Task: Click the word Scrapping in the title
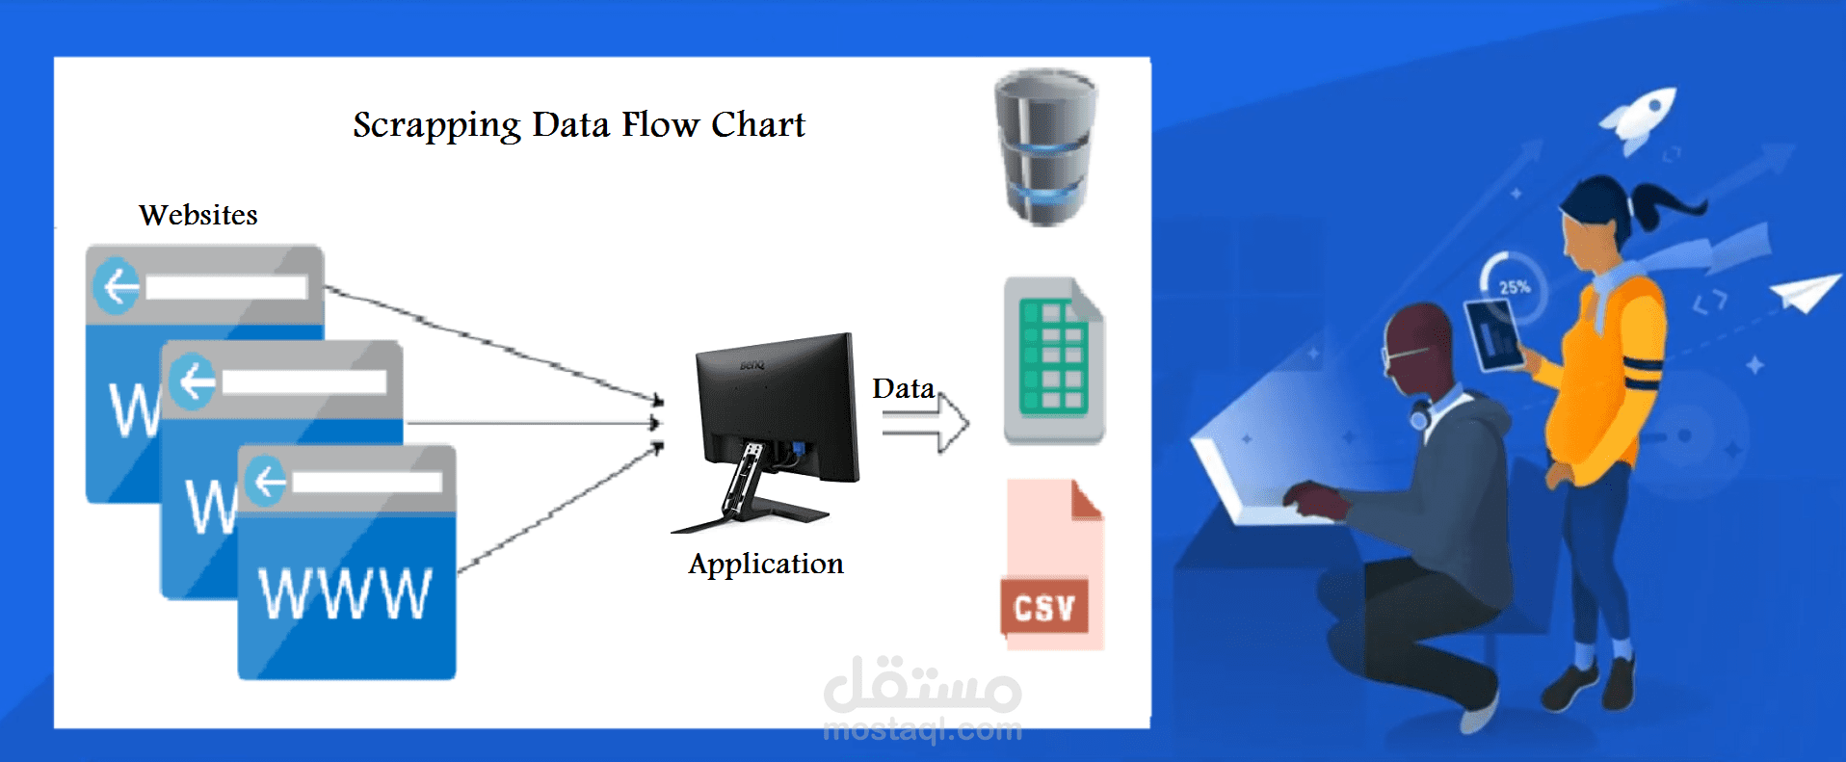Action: tap(436, 126)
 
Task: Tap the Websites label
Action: tap(198, 215)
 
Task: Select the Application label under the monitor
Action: tap(766, 565)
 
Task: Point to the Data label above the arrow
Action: tap(904, 388)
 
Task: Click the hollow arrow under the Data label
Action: tap(926, 423)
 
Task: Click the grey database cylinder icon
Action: tap(1045, 147)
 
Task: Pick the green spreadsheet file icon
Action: tap(1054, 360)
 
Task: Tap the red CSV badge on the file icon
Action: tap(1045, 607)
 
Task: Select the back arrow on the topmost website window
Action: tap(117, 286)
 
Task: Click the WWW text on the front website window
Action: tap(346, 593)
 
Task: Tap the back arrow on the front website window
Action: tap(266, 481)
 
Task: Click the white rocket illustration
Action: tap(1638, 119)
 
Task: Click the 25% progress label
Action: tap(1515, 287)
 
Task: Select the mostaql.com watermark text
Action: tap(923, 730)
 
